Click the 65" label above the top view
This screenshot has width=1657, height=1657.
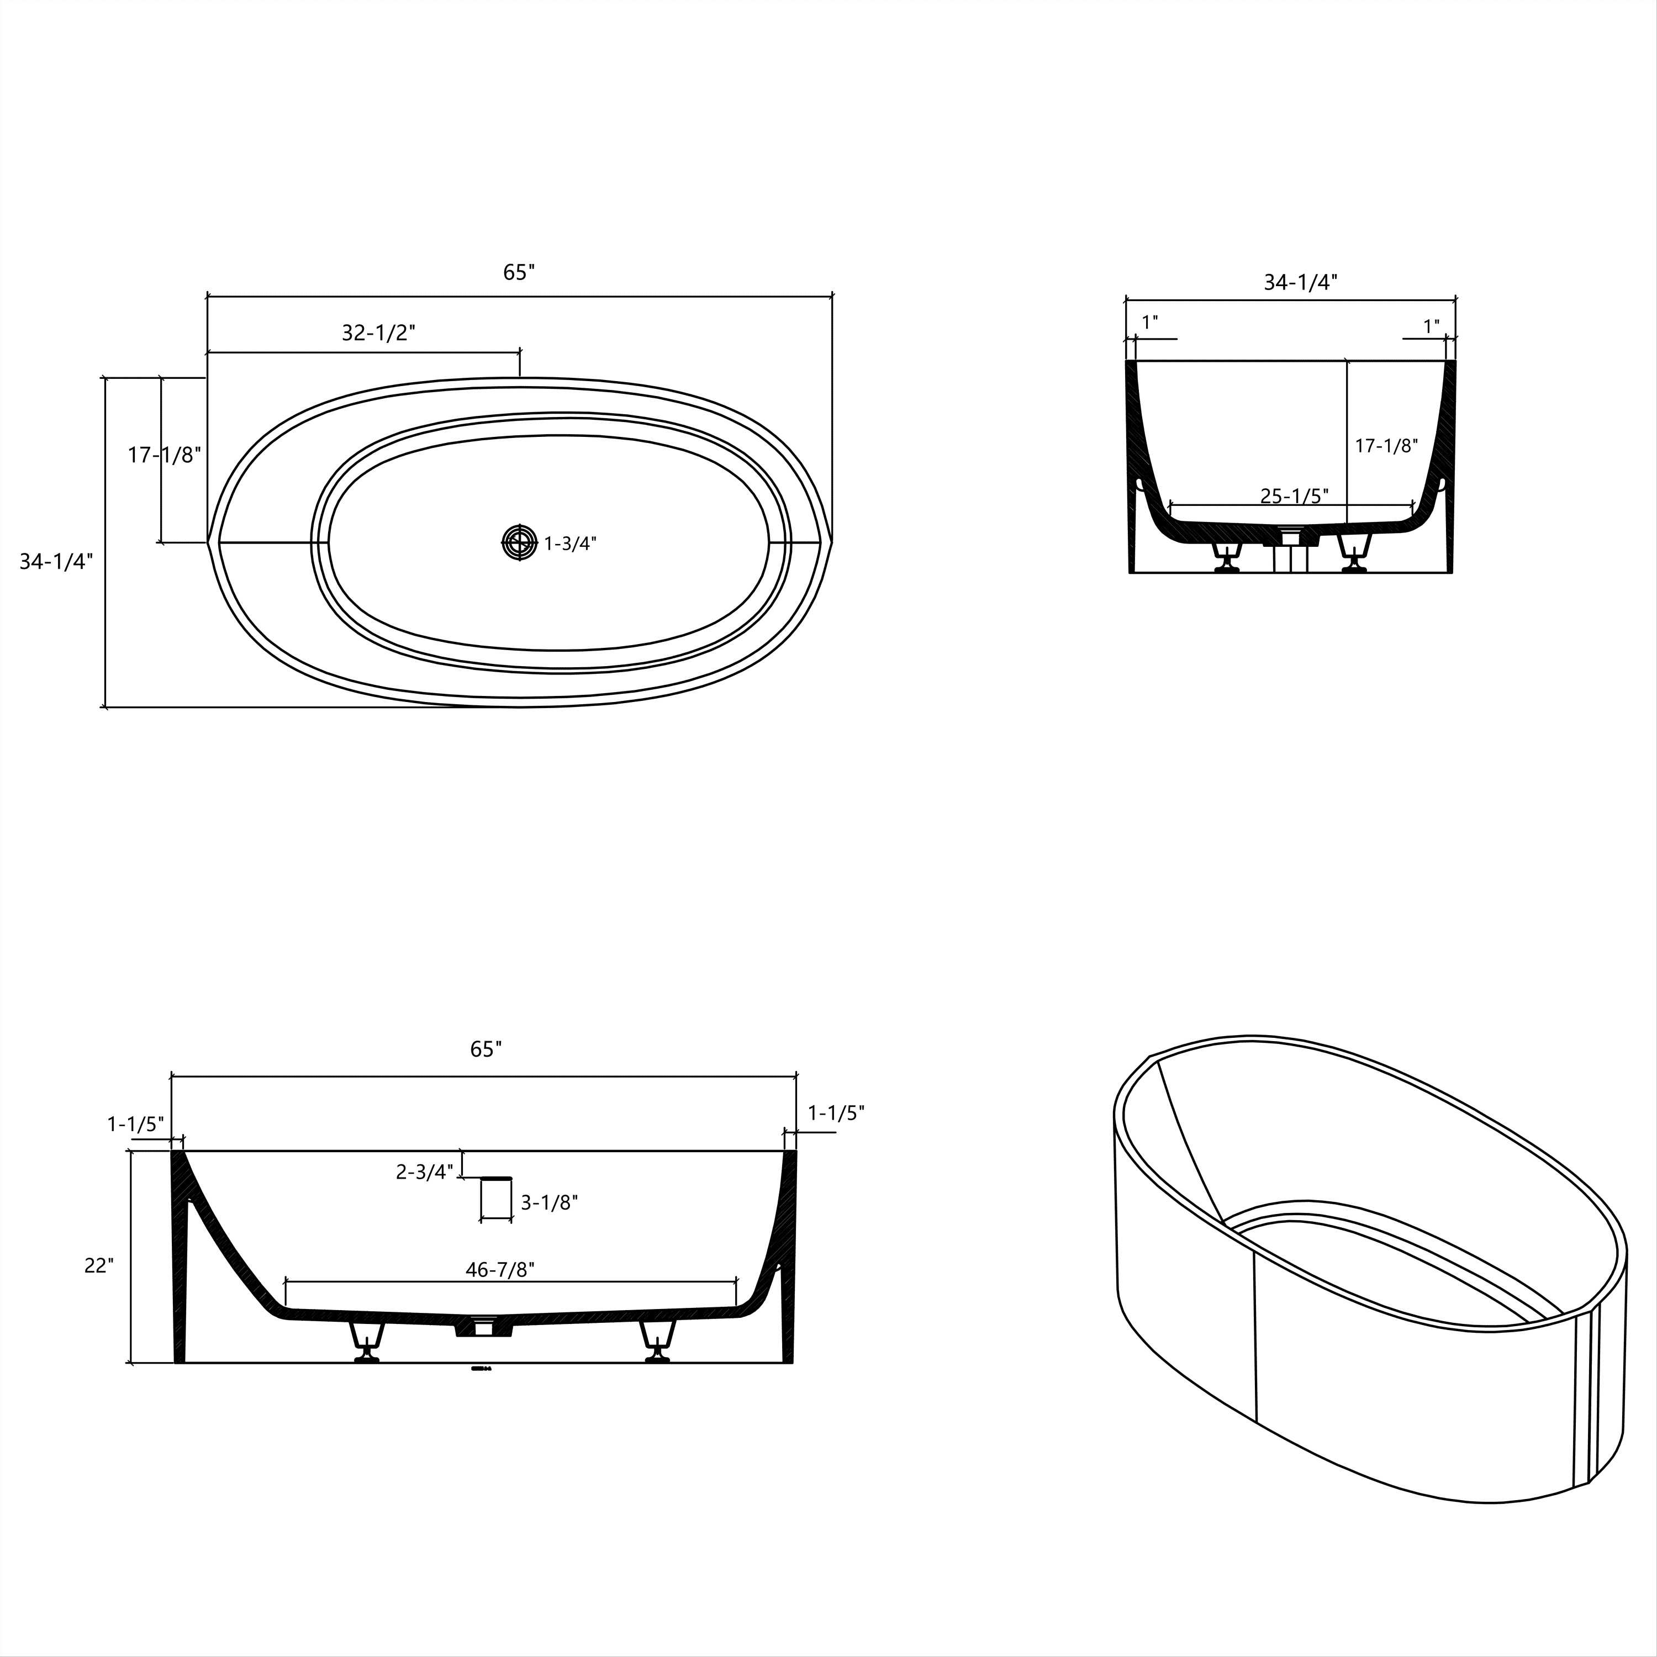519,272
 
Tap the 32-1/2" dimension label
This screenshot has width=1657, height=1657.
378,333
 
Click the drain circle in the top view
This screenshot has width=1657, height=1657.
519,542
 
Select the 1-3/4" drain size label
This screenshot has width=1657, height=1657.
571,543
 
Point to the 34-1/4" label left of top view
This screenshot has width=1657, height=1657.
56,561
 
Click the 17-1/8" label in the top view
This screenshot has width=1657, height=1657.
164,456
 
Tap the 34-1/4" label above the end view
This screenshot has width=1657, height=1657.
1300,282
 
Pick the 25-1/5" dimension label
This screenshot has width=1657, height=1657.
1294,496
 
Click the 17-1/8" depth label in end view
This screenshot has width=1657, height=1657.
1386,446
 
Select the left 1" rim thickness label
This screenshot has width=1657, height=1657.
1149,323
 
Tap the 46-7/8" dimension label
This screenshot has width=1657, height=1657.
499,1269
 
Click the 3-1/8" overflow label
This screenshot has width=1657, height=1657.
549,1204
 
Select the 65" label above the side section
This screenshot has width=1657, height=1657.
486,1049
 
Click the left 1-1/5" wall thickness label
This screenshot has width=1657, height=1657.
135,1123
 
